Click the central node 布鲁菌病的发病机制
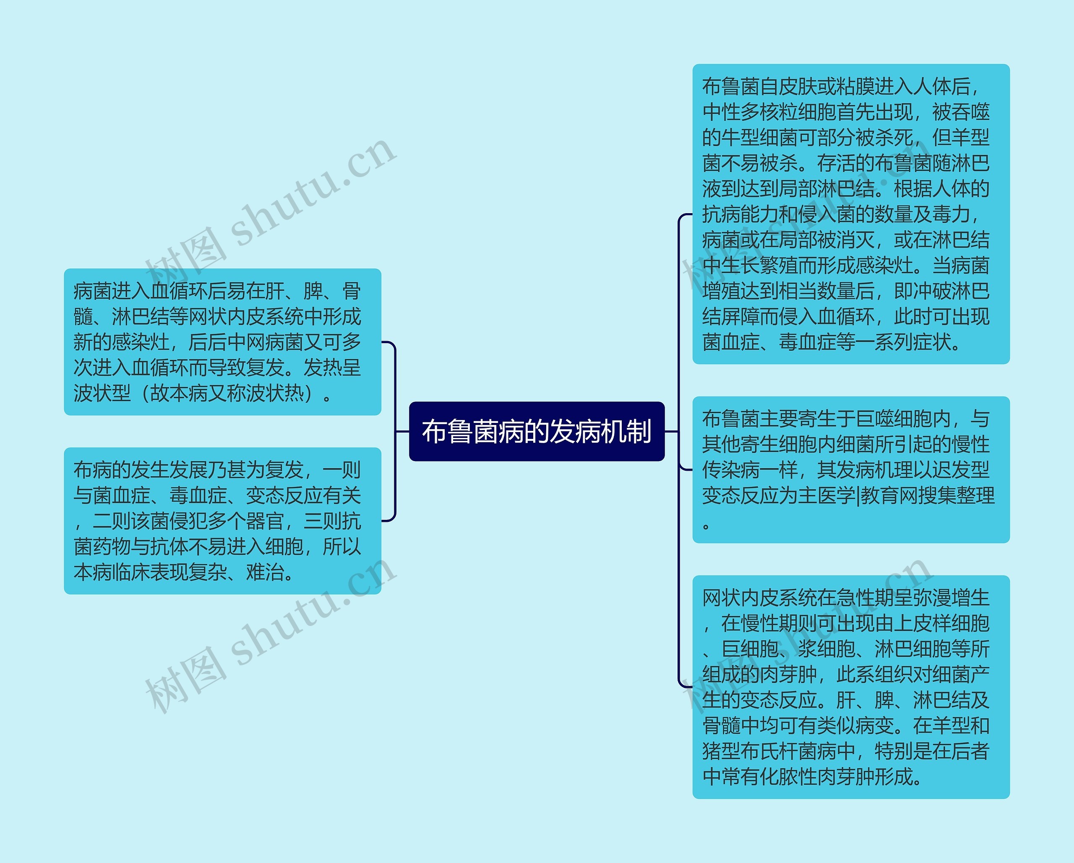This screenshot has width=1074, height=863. pyautogui.click(x=537, y=431)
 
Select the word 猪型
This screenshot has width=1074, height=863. pyautogui.click(x=721, y=751)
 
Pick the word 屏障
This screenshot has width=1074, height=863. pyautogui.click(x=741, y=316)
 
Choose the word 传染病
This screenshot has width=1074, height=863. pyautogui.click(x=731, y=469)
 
